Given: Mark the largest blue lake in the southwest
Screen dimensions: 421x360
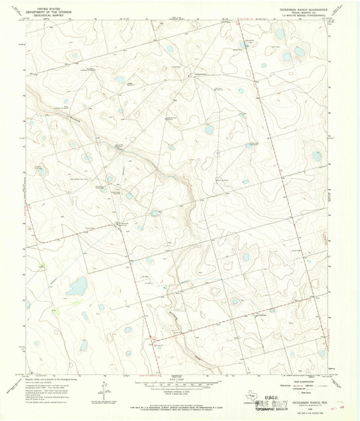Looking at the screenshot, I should (x=76, y=287).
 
